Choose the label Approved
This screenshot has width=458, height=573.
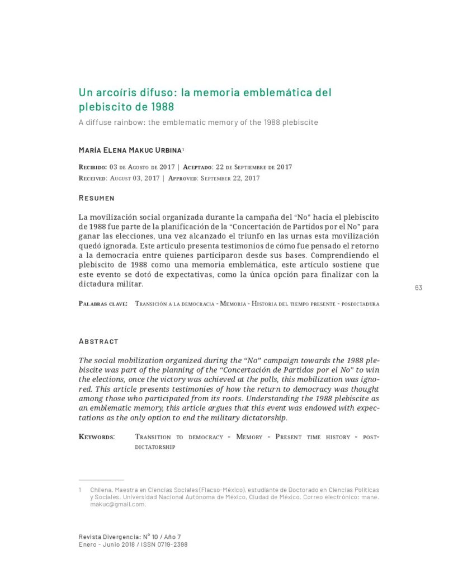point(182,178)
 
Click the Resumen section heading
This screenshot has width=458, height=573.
point(96,198)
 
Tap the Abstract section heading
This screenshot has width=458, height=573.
point(98,341)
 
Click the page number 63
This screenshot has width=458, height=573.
point(418,288)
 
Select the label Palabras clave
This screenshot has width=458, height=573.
point(103,304)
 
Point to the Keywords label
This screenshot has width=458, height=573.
point(97,436)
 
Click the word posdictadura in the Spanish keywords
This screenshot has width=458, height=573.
point(360,304)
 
